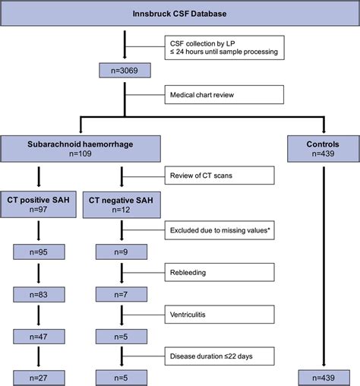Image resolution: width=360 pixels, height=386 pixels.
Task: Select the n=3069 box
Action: point(122,73)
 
